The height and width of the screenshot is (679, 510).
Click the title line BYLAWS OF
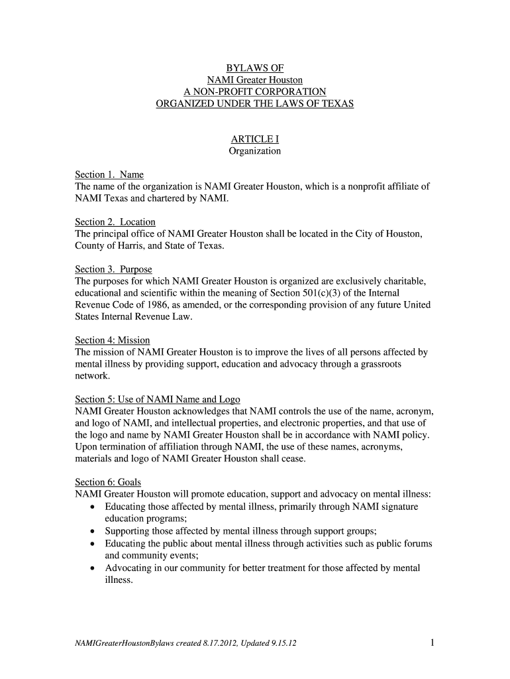coord(255,68)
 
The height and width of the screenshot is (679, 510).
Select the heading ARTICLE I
coord(255,139)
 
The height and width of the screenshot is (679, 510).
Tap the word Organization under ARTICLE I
coord(255,151)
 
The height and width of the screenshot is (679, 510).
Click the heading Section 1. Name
coord(109,175)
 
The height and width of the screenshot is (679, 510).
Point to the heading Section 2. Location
coord(115,222)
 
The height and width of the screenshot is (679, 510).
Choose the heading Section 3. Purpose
coord(113,269)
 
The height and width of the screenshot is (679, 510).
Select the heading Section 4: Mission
coord(113,340)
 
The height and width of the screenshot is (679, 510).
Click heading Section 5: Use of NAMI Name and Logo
coord(158,399)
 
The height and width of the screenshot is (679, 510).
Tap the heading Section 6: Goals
coord(108,482)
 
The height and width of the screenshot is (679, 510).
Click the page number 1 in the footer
coord(431,642)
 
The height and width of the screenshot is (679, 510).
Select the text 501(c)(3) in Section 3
coord(350,293)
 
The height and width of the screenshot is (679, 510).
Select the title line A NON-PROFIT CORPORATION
coord(255,92)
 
